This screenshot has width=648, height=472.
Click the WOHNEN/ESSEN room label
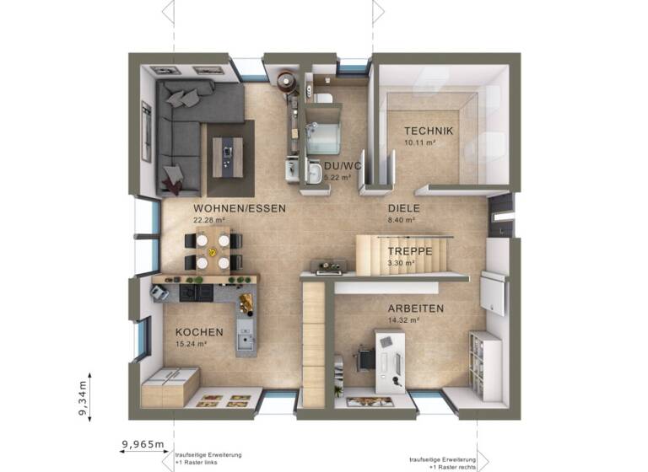(240, 208)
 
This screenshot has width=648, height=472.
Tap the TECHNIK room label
(429, 131)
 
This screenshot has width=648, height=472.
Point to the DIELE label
(404, 208)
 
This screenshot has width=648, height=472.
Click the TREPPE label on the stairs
(410, 251)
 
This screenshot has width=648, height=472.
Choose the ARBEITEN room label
(415, 308)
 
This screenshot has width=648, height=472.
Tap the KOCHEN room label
(199, 332)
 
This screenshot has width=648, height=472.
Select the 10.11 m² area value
(418, 142)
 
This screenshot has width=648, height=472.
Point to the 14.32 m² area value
(402, 320)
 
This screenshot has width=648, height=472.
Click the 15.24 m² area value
(192, 344)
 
